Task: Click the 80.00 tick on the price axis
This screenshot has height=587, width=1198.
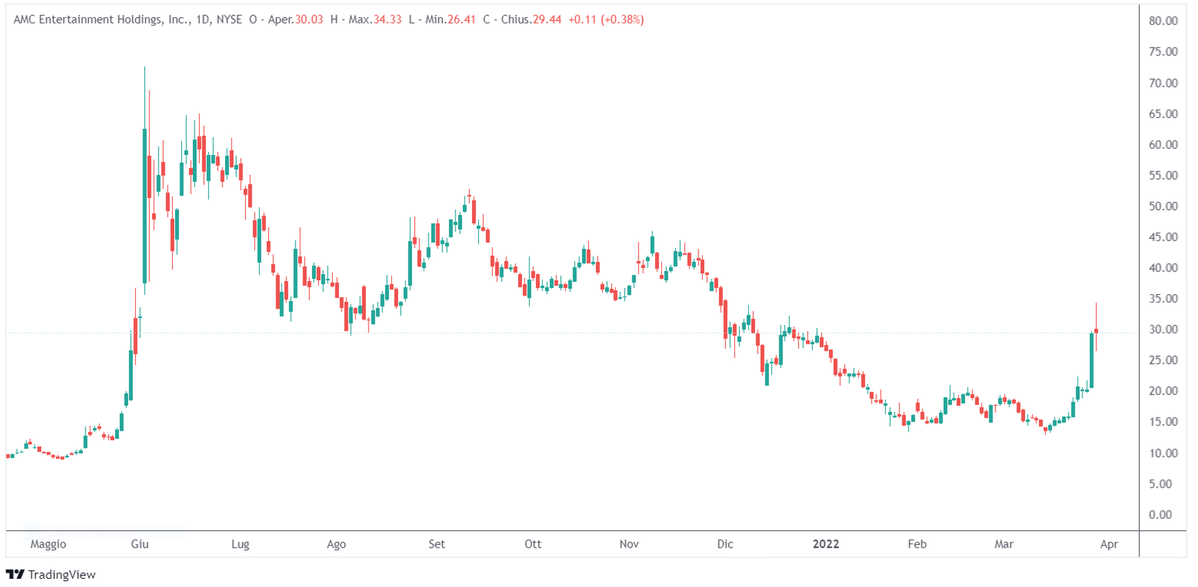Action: pos(1163,21)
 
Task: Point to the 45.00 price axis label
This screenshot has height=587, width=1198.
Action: pos(1163,237)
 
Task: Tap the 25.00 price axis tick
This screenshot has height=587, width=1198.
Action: pos(1163,360)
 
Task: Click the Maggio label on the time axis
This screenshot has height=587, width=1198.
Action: pos(48,544)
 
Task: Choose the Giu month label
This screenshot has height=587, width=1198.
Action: pos(140,544)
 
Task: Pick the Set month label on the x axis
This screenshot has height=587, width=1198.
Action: pos(437,544)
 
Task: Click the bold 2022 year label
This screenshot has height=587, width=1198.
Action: pos(826,544)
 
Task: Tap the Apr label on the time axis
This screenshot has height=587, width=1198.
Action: pos(1109,544)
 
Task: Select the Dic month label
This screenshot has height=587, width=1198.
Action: pos(725,544)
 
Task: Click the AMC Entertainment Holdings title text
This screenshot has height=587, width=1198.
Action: pos(101,19)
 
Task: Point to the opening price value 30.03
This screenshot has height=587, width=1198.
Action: pos(309,19)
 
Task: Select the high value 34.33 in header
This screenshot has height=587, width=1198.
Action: pos(387,19)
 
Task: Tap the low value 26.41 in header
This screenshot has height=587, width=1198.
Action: pos(462,19)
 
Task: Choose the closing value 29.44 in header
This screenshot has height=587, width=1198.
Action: pos(547,19)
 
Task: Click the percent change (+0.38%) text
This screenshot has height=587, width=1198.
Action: pos(622,19)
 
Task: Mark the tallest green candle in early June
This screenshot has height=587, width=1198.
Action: pos(145,205)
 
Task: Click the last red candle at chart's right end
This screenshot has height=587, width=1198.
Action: pos(1096,331)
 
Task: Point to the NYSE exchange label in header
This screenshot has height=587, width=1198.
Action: pos(229,19)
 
